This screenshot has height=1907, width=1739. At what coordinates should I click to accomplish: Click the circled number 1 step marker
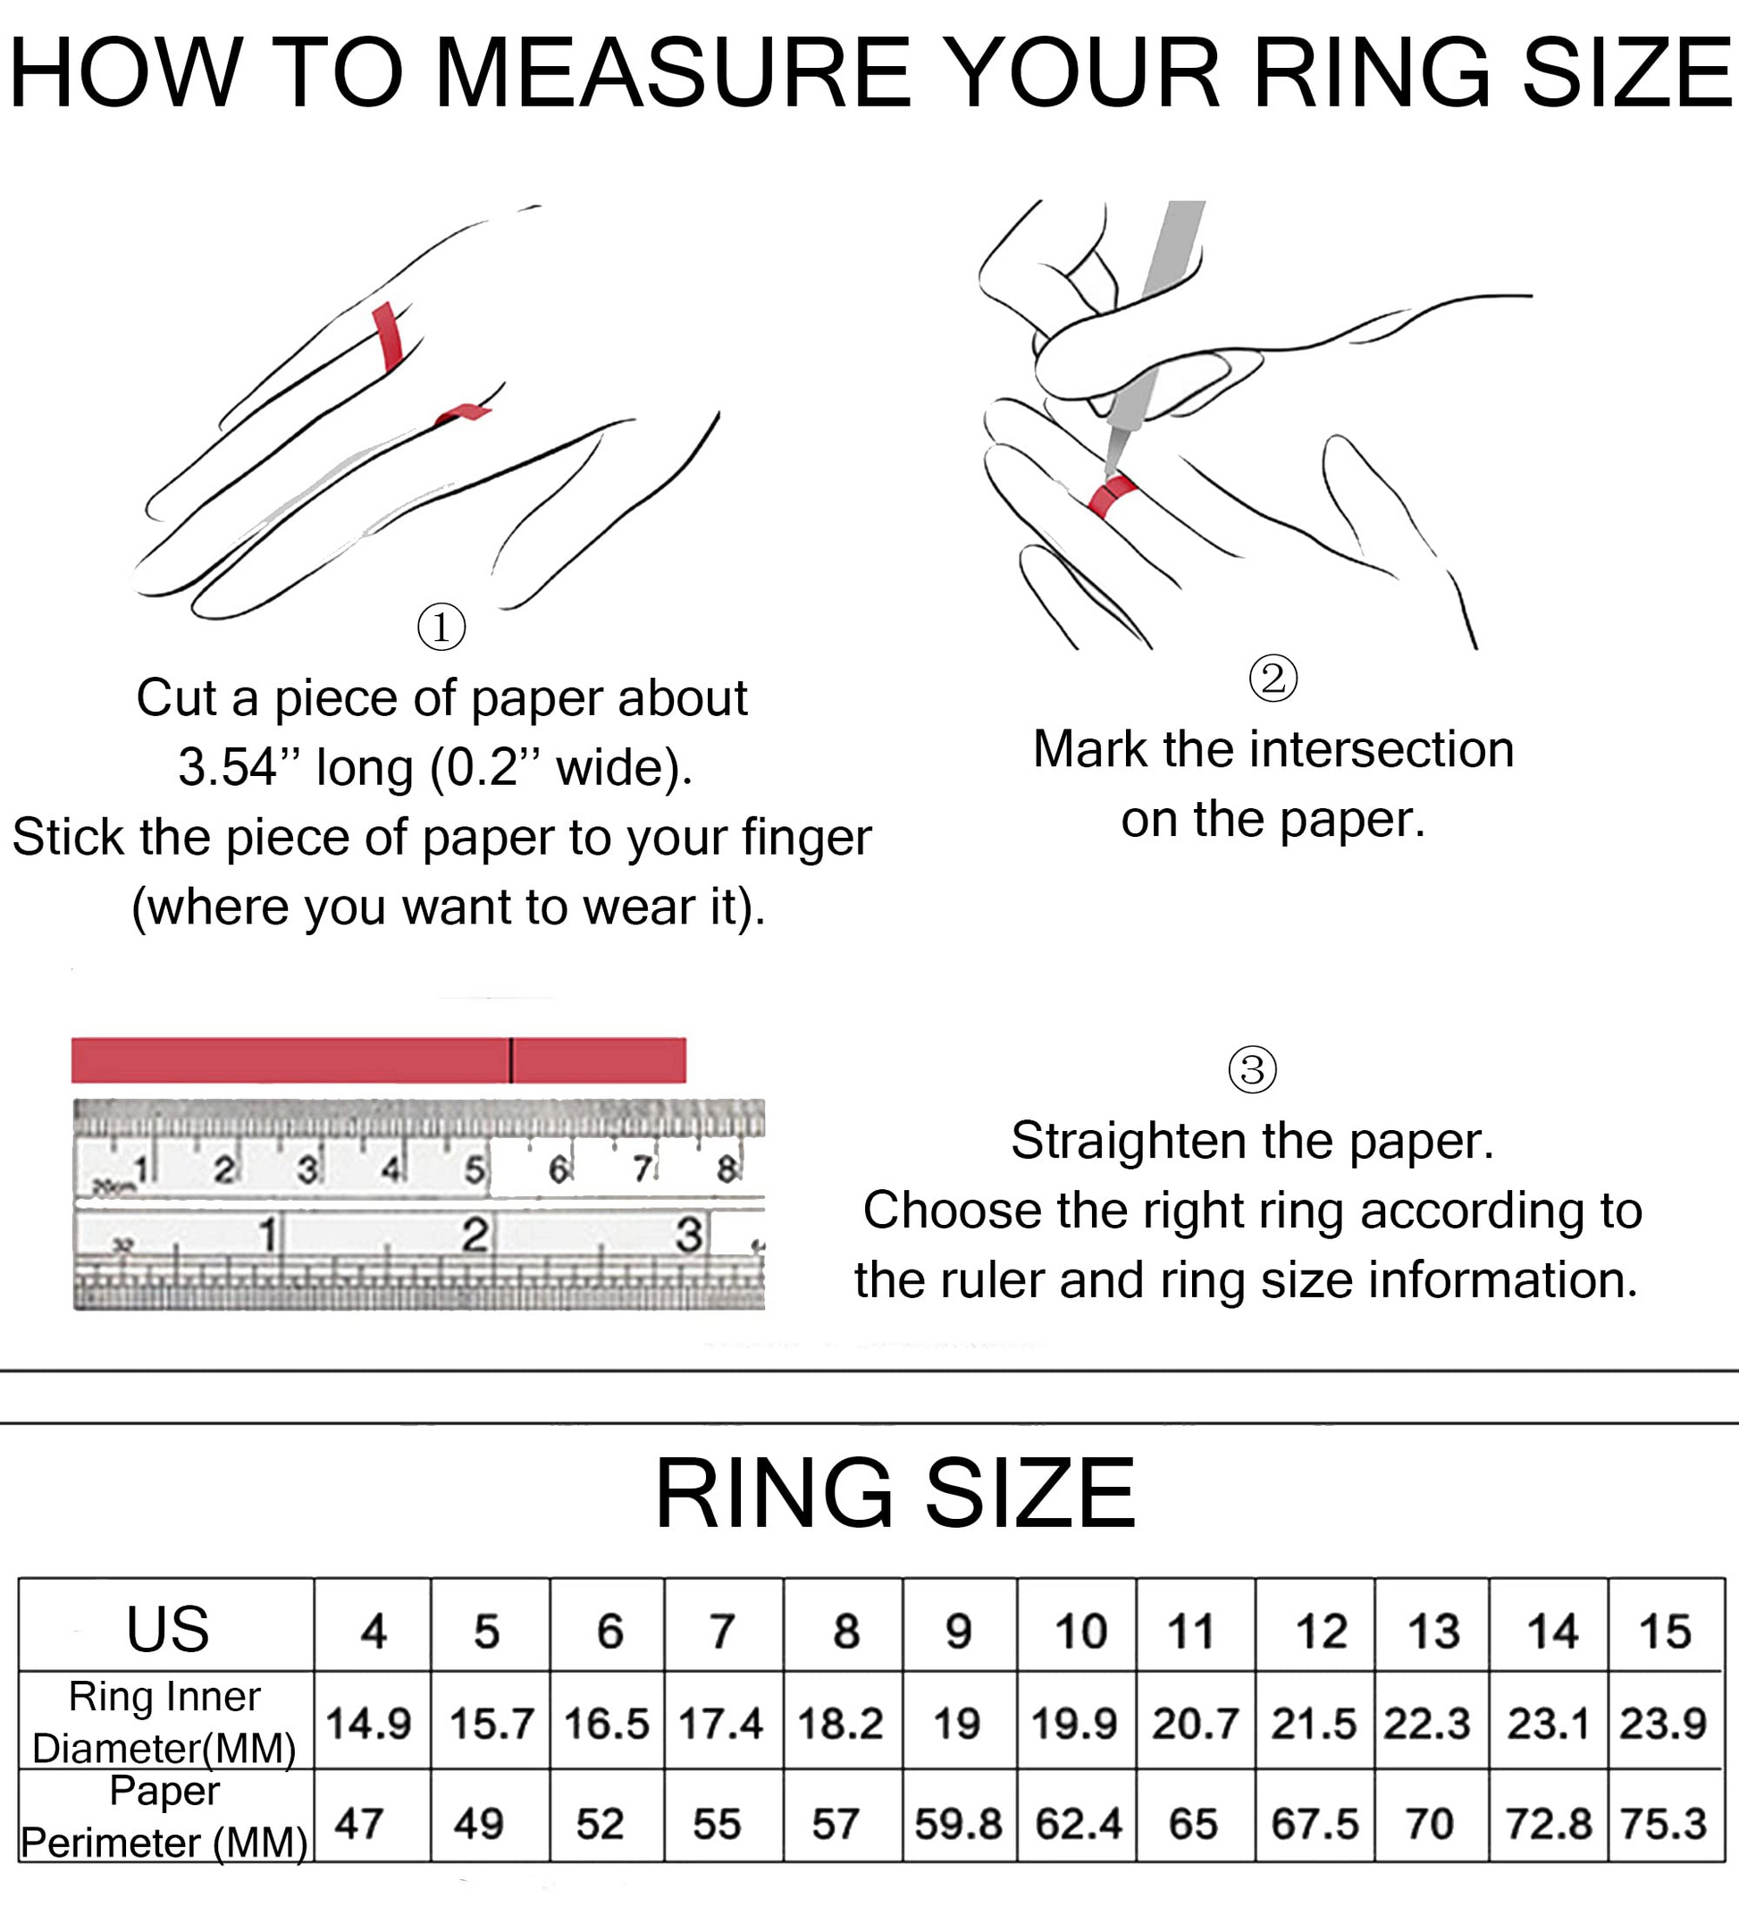pos(441,626)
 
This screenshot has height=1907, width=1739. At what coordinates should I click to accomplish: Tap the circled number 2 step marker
pos(1273,679)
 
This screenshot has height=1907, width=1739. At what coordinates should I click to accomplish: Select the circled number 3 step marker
pos(1252,1070)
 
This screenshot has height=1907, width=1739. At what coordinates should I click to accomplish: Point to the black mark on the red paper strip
pos(510,1059)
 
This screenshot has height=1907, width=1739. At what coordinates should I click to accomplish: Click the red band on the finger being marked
pos(1112,495)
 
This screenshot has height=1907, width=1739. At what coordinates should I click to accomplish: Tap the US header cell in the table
pos(167,1629)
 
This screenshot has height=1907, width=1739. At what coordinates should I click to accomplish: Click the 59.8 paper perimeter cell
pos(958,1823)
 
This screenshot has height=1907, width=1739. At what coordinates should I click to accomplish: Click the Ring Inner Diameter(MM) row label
pos(164,1722)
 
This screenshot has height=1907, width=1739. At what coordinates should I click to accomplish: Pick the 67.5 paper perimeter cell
pos(1315,1823)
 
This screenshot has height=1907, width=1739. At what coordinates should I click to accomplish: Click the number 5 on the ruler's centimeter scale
pos(474,1170)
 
